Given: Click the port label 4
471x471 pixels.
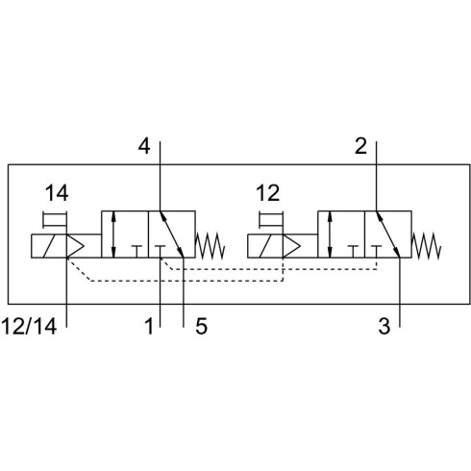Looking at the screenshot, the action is [144, 147].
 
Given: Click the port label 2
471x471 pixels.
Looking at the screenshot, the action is [360, 147].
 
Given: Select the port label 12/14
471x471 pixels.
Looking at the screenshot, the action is [30, 327].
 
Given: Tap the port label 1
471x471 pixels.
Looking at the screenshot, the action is [149, 327].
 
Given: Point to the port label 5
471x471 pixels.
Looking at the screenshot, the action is [201, 327].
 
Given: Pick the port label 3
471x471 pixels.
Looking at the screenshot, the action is [384, 327].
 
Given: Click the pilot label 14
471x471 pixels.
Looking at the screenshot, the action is [57, 193].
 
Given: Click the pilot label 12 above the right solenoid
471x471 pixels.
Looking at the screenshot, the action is [268, 193].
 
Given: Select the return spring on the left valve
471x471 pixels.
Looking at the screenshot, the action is [211, 246].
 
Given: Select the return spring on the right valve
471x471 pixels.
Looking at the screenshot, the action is [427, 246].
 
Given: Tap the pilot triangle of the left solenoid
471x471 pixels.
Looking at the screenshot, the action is [75, 246].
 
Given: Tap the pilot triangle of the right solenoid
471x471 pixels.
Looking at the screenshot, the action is [291, 246].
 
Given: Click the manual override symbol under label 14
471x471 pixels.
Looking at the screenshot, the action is [55, 220].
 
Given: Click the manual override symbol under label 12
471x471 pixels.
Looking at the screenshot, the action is [271, 220].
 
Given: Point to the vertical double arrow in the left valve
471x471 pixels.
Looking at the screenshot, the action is [113, 235].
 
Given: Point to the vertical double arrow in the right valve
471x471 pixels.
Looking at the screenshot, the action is [330, 235].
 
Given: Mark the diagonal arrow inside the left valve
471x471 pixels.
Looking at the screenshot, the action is [171, 235].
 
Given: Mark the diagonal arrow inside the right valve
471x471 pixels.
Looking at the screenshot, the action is [387, 235].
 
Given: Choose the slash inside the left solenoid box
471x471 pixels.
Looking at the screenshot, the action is [49, 246].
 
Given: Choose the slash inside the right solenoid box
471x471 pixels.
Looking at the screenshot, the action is [265, 246].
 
